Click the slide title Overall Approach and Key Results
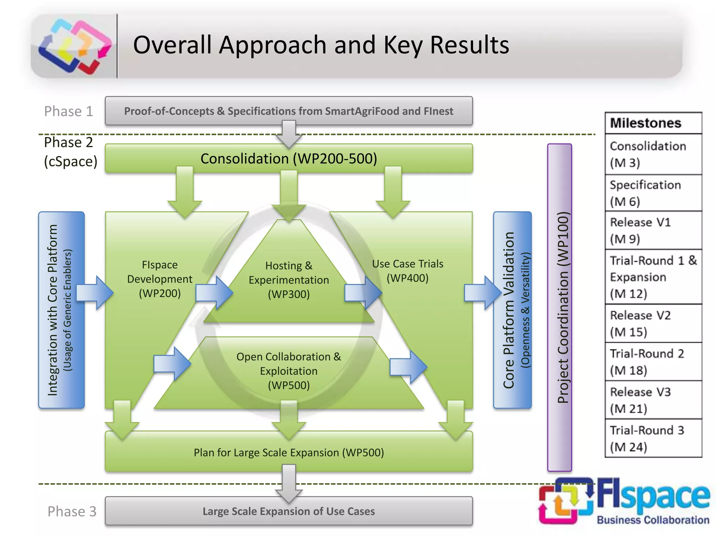pos(321,45)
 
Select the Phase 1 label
pos(69,112)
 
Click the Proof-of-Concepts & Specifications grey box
pos(288,111)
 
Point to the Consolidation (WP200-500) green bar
pos(288,158)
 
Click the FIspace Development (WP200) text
pos(160,279)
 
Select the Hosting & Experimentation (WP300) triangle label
pos(289,280)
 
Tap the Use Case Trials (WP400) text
pos(407,271)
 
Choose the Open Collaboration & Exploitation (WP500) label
pos(289,371)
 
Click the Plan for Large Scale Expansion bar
pos(289,452)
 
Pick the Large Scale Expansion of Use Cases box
pos(288,511)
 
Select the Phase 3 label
pos(72,511)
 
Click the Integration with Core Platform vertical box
pos(61,310)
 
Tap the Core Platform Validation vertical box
pos(512,310)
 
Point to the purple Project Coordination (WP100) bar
pos(559,308)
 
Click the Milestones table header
pos(653,123)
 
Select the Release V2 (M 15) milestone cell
pos(653,323)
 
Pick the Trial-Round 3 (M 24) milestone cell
pos(653,438)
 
